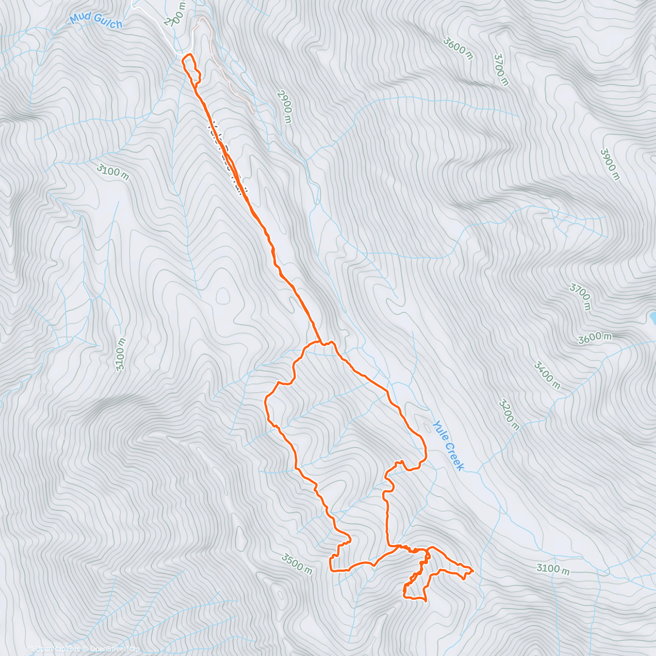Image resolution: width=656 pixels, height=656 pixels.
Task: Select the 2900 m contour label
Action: click(x=284, y=107)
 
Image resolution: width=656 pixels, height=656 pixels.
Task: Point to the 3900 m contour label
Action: click(x=610, y=164)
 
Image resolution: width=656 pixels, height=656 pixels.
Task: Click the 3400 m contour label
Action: click(x=547, y=375)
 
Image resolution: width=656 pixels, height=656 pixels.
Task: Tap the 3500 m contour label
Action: click(x=297, y=564)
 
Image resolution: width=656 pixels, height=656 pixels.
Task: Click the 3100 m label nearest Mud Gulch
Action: click(x=113, y=172)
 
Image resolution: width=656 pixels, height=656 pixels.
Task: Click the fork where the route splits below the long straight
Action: click(x=320, y=342)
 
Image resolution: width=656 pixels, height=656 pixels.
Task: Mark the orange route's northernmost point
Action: click(x=189, y=55)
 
